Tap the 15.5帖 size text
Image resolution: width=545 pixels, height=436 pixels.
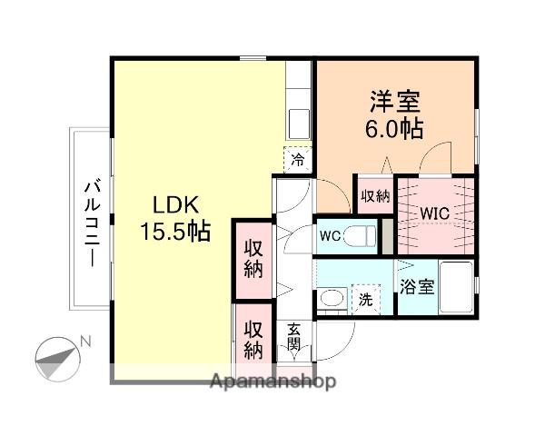point(175,232)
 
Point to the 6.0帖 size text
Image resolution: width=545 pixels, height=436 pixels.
point(394,128)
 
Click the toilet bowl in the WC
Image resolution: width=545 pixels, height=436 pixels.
point(361,237)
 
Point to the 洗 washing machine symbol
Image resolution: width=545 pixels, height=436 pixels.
point(363,296)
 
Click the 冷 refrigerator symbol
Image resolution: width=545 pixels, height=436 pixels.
point(297,161)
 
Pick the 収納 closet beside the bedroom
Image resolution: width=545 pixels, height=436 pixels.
point(374,194)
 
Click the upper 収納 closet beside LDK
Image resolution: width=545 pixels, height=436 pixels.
point(253,258)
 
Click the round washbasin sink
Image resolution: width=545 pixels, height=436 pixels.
point(332,297)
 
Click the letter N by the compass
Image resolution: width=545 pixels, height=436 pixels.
point(85,341)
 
